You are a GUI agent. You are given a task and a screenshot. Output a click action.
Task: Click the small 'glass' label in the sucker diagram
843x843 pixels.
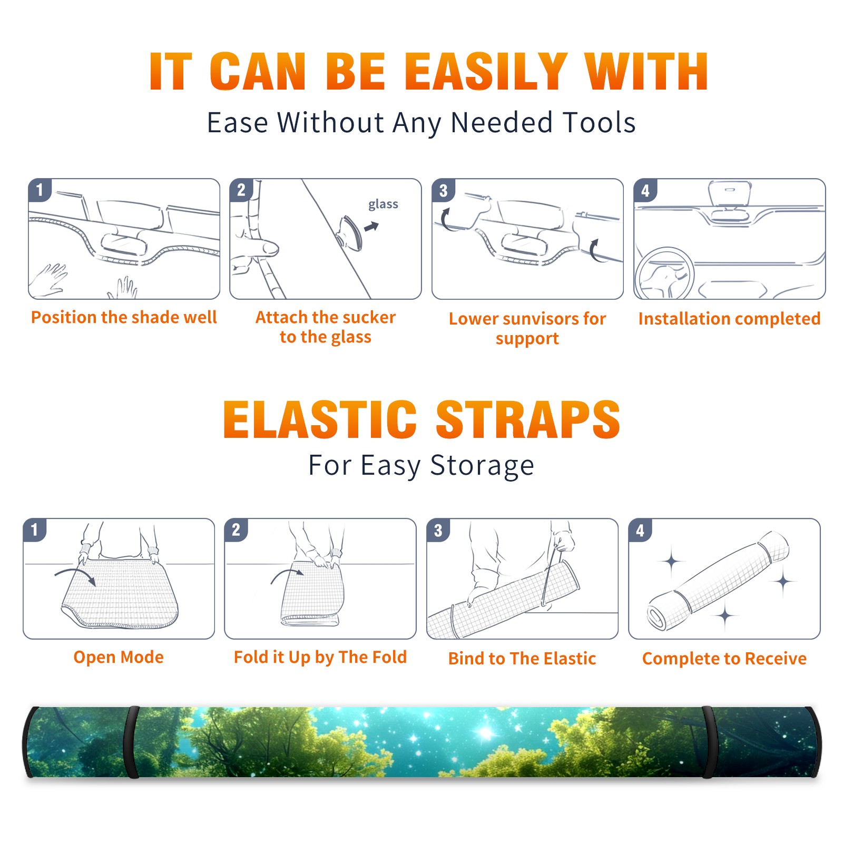[x=383, y=204]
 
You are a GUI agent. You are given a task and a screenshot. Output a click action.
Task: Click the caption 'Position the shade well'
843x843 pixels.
[x=124, y=317]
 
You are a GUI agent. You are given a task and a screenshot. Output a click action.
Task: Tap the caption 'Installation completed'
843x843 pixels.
[x=729, y=319]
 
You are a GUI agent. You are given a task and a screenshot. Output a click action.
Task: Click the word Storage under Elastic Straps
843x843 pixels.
[x=482, y=466]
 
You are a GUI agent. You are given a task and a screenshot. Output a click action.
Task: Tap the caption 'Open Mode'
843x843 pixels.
[x=119, y=657]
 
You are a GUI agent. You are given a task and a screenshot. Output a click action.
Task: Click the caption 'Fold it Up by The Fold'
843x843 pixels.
[x=320, y=658]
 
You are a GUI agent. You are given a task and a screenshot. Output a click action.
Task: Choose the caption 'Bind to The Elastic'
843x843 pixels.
[x=522, y=659]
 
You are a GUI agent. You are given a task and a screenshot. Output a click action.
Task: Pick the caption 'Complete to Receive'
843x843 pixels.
[x=724, y=659]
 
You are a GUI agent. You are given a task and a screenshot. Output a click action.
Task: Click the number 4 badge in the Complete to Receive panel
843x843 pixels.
[x=640, y=530]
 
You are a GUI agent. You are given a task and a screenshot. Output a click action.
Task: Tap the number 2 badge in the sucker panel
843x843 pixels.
[x=241, y=190]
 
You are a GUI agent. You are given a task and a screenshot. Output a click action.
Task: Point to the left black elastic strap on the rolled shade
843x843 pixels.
[x=131, y=742]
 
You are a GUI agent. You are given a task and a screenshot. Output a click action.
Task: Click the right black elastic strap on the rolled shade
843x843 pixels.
[x=709, y=742]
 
